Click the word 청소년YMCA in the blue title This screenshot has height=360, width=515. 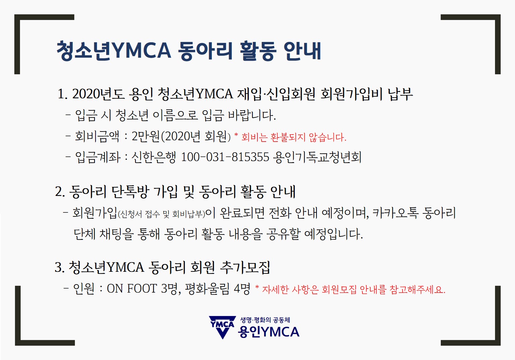(114, 51)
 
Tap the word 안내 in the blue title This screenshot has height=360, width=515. (302, 51)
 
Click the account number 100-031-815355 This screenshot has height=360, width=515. (225, 157)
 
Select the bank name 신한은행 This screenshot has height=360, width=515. (153, 157)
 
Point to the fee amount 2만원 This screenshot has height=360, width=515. (146, 137)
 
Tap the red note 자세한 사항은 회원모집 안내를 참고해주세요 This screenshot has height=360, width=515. (354, 290)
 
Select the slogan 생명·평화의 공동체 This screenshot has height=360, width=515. (265, 320)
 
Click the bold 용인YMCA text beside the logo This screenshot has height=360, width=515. (269, 332)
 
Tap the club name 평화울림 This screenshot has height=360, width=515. (207, 289)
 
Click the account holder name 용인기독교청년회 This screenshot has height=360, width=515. (318, 157)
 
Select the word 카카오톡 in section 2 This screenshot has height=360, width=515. (395, 213)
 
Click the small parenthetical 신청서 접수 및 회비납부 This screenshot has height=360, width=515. (161, 214)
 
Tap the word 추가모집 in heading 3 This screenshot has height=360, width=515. (245, 267)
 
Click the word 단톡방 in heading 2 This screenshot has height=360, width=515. (130, 192)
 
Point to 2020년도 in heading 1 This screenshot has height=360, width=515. (99, 94)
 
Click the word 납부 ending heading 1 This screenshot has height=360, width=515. (400, 94)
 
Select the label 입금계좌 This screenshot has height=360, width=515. (98, 157)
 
